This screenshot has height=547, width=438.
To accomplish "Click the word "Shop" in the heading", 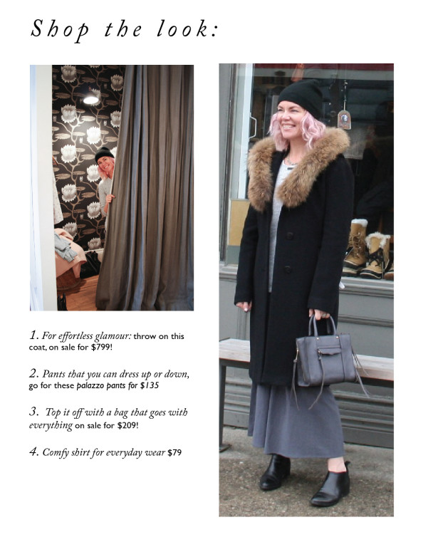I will point(60,30).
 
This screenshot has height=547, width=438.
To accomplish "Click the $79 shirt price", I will point(174,452).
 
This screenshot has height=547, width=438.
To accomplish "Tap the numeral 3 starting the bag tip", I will point(33,412).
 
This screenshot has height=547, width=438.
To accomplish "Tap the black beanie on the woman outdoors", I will point(301,95).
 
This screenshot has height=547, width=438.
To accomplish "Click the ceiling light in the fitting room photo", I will point(91,100).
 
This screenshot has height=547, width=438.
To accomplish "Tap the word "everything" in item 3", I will point(51,425).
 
